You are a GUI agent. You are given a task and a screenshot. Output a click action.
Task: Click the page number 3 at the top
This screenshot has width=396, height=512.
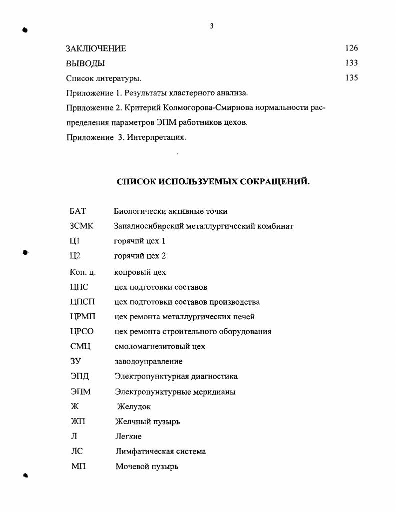(x=212, y=26)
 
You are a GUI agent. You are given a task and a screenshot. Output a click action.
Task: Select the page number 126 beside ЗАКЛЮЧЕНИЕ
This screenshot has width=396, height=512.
(x=352, y=48)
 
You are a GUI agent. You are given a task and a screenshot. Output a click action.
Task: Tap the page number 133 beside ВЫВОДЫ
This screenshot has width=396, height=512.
(x=352, y=63)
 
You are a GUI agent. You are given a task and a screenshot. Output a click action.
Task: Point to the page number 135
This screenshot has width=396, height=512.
(x=352, y=78)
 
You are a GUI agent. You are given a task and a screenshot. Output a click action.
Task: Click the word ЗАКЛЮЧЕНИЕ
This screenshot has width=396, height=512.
(x=96, y=49)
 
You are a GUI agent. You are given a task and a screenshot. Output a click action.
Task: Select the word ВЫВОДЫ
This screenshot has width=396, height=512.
(x=85, y=64)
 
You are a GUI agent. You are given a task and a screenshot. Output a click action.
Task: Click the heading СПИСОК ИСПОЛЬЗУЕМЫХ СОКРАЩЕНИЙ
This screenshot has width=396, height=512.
(x=213, y=182)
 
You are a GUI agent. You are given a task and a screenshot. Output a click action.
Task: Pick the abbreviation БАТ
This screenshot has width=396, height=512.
(x=77, y=211)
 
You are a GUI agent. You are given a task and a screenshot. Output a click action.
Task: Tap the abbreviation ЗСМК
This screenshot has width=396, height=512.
(x=81, y=226)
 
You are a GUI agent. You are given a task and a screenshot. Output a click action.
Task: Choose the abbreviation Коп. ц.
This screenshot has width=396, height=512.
(x=82, y=272)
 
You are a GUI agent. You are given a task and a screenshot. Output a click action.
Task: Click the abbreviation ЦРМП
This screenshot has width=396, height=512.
(x=82, y=317)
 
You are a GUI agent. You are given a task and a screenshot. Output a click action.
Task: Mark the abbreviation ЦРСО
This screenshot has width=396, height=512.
(x=82, y=331)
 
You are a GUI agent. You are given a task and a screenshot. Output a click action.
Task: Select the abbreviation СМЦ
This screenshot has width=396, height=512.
(x=80, y=346)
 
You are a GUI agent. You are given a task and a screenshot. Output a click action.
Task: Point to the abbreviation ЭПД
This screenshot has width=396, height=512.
(x=80, y=376)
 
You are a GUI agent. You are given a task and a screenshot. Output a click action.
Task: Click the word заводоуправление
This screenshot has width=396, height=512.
(x=148, y=361)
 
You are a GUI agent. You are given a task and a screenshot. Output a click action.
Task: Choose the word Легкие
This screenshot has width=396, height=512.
(x=128, y=437)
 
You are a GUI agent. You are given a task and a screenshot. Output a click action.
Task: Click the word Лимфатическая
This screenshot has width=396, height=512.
(x=144, y=452)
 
